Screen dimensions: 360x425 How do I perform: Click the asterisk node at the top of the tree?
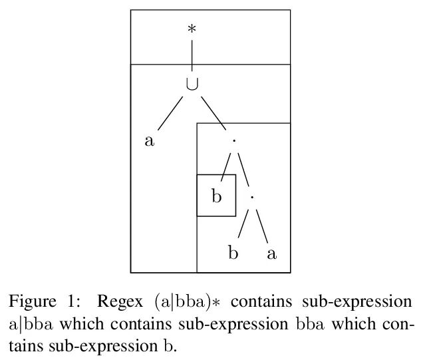coord(192,30)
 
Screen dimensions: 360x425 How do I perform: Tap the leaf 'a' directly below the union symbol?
coord(150,140)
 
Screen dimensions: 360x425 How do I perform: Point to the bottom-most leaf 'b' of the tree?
coord(233,253)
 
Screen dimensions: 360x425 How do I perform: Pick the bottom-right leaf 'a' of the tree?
coord(271,253)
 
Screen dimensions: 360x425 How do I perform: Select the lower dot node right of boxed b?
coord(252,198)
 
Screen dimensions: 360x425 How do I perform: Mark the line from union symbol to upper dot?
coord(213,112)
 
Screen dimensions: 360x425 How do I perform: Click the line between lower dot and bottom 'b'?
coord(242,226)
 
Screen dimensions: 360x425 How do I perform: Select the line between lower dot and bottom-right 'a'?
coord(261,226)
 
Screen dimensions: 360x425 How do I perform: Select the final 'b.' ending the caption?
coord(171,346)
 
